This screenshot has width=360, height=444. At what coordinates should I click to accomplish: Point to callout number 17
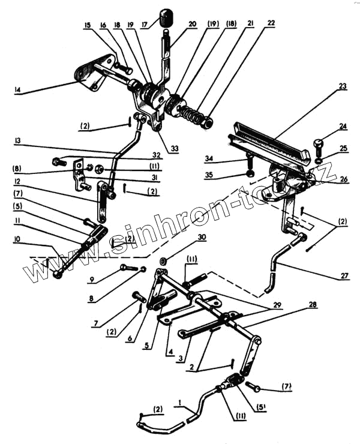point(144,25)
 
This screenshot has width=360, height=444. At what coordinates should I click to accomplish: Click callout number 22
point(271,23)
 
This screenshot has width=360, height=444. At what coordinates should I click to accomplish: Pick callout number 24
point(343,127)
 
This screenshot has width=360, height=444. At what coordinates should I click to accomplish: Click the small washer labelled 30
point(163,263)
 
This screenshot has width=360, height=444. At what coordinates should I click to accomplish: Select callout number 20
point(192,25)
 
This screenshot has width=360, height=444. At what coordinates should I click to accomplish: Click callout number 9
point(92,280)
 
